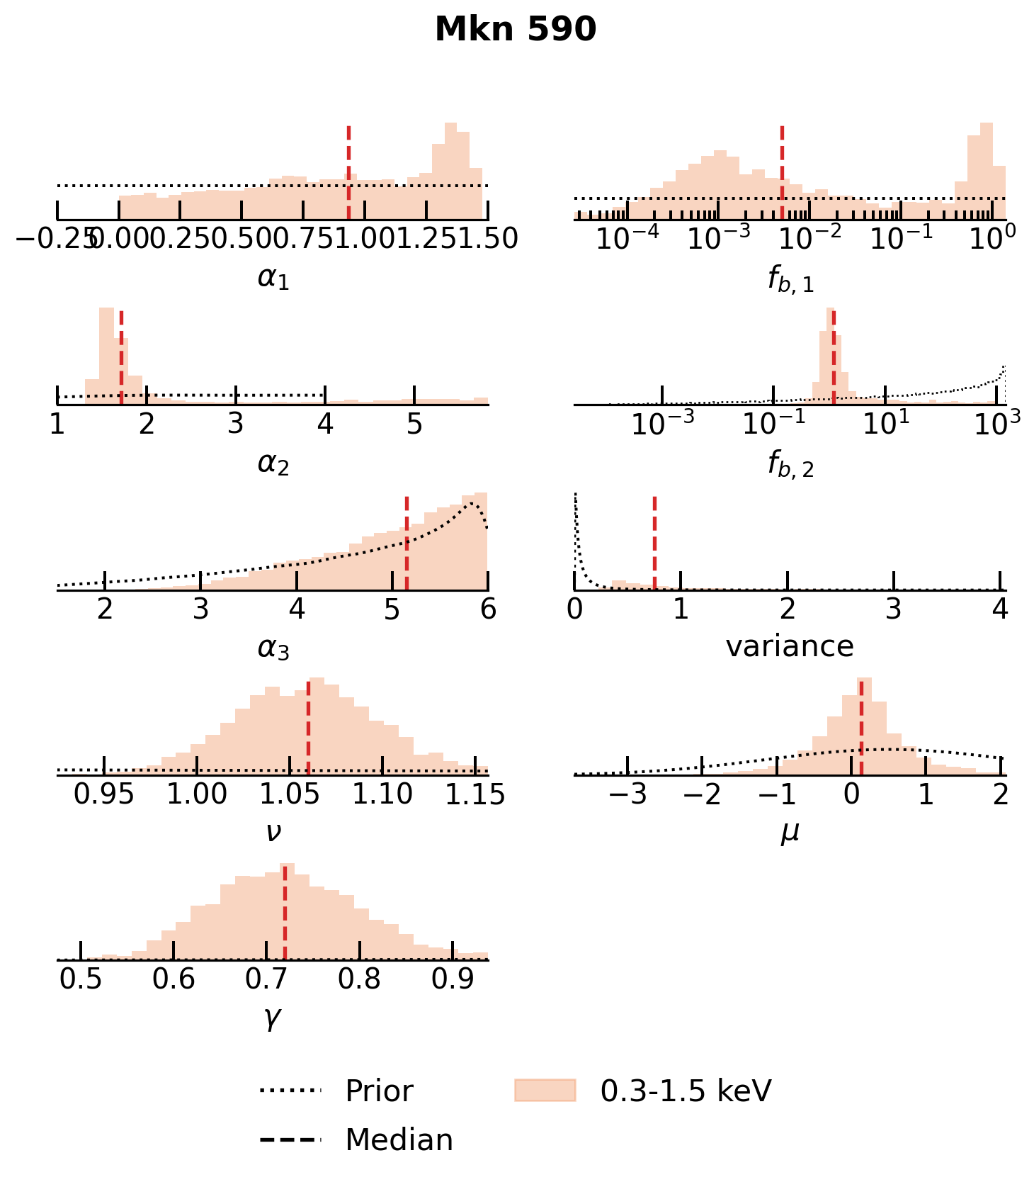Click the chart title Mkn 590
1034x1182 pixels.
click(x=516, y=30)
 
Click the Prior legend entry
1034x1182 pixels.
click(x=379, y=1091)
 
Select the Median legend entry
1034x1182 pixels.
click(x=399, y=1139)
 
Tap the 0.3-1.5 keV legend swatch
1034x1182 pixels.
click(x=545, y=1091)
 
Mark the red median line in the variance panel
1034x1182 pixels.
click(x=654, y=543)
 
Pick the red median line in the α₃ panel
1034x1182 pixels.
click(x=407, y=543)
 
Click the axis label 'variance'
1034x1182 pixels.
click(x=790, y=646)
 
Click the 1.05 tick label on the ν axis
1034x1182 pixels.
click(x=290, y=795)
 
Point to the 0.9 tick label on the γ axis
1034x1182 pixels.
click(x=453, y=979)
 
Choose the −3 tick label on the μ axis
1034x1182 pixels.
click(x=627, y=795)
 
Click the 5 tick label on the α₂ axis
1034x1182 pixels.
click(x=414, y=424)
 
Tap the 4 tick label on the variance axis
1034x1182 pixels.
click(x=1000, y=609)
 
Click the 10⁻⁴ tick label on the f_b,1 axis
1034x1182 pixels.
click(x=627, y=238)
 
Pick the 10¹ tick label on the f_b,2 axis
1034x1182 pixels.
click(x=885, y=423)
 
